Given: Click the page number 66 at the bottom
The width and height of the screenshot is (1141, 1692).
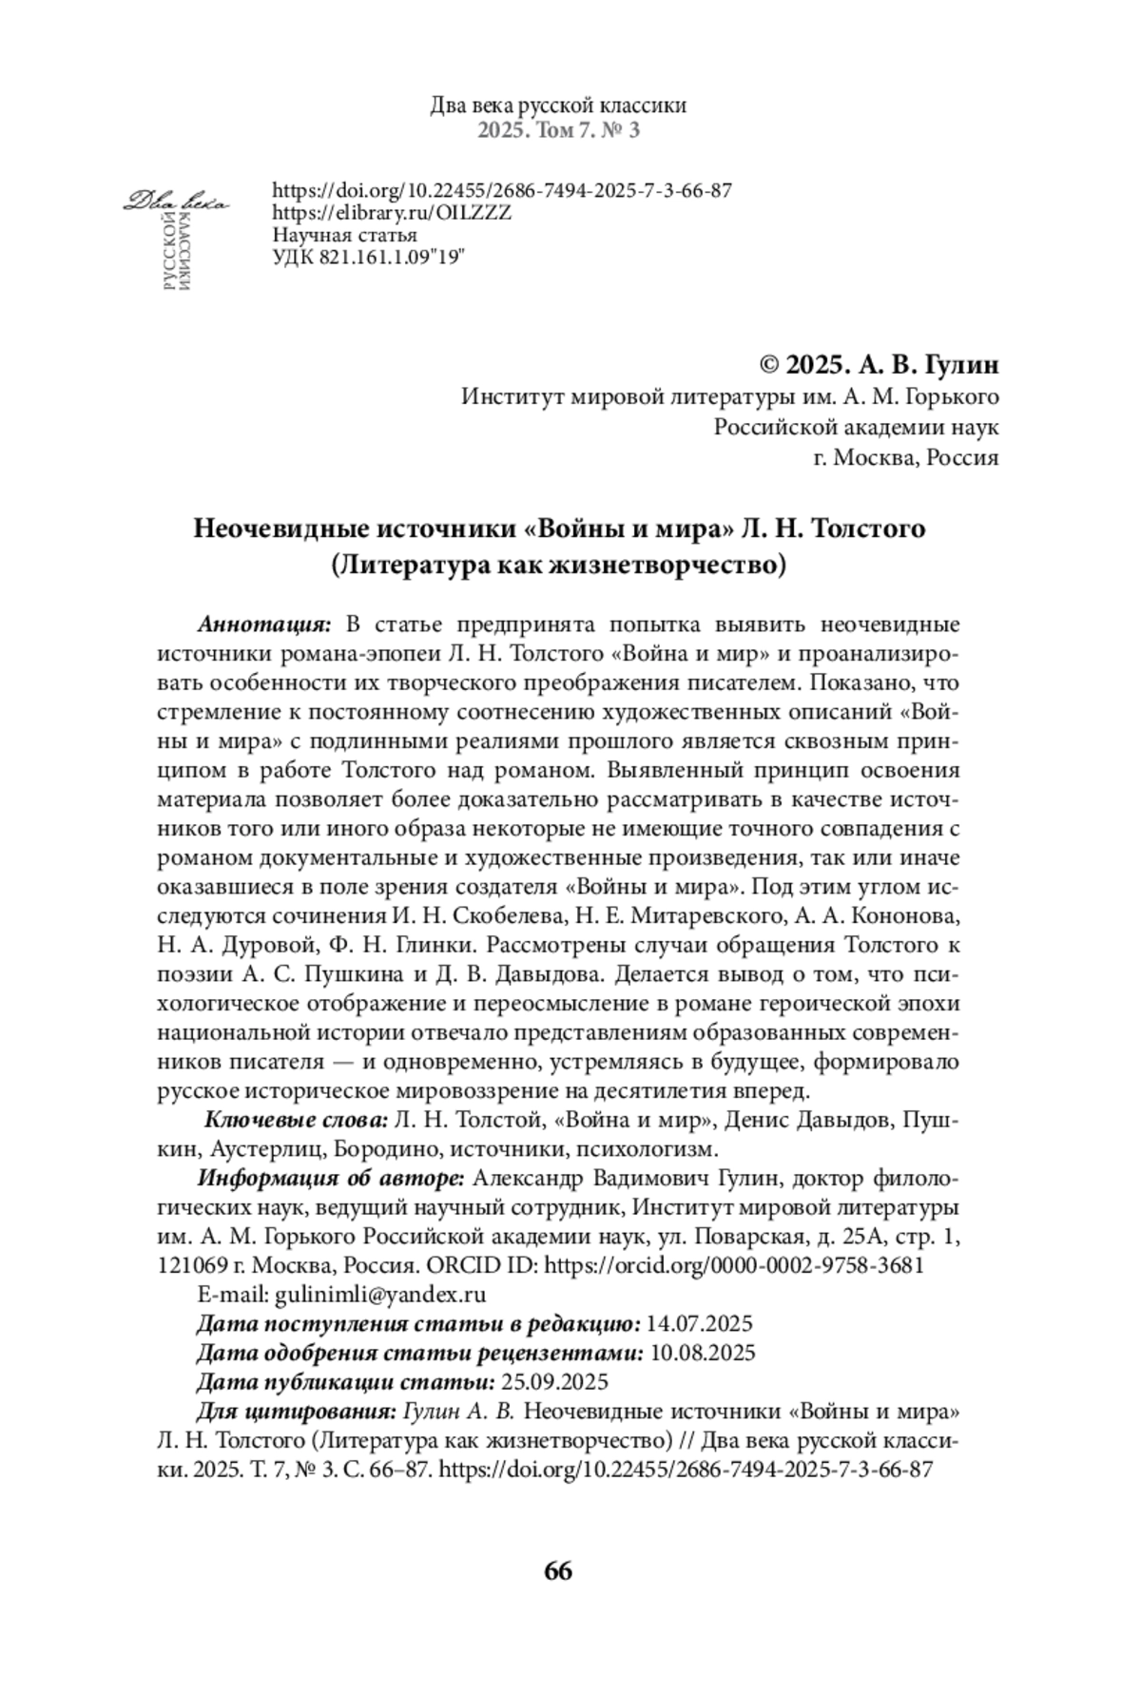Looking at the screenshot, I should [x=558, y=1570].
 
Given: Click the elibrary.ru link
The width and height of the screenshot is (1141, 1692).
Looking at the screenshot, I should [x=392, y=212].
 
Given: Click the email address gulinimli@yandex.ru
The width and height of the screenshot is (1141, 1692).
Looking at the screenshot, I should [x=380, y=1294].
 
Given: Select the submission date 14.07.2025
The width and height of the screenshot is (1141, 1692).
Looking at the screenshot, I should [x=699, y=1322].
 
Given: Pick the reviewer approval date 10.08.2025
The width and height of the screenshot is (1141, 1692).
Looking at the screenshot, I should [x=702, y=1352].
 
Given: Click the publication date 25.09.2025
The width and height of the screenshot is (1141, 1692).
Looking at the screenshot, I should [x=554, y=1381].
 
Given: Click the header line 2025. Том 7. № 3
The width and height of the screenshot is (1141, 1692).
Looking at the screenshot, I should [x=558, y=130].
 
